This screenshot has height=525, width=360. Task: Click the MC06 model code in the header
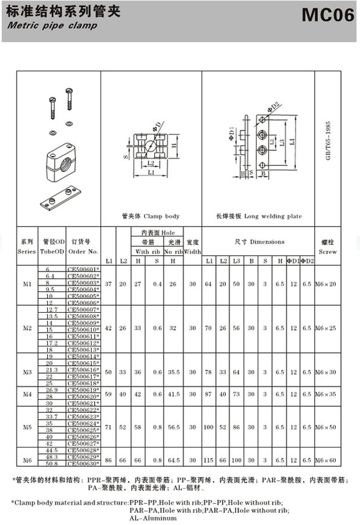click(x=328, y=16)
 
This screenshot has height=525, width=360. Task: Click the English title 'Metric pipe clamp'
click(x=52, y=25)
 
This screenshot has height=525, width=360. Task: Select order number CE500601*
click(x=83, y=269)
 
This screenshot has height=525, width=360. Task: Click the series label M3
click(x=27, y=372)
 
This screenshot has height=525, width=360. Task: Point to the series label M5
click(x=27, y=427)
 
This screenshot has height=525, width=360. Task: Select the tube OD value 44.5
click(x=52, y=450)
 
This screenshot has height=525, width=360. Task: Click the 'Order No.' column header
click(x=84, y=251)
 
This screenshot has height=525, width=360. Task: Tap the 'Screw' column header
click(x=328, y=251)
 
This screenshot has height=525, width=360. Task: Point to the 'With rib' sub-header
click(x=147, y=251)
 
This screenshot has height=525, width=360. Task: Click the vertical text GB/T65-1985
click(x=328, y=140)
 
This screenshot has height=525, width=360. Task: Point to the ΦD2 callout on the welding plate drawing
click(x=275, y=104)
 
